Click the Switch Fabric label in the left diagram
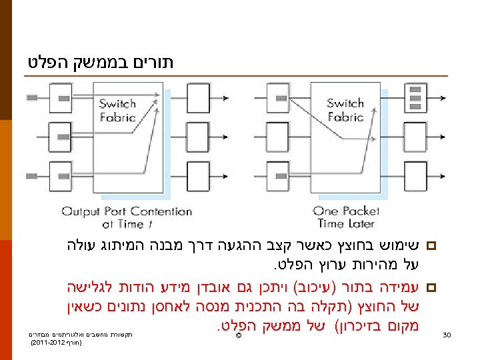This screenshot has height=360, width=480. tap(117, 110)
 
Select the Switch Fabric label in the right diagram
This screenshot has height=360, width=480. tap(345, 110)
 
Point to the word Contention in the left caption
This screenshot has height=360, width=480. tap(161, 212)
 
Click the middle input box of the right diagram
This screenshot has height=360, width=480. tap(279, 139)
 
